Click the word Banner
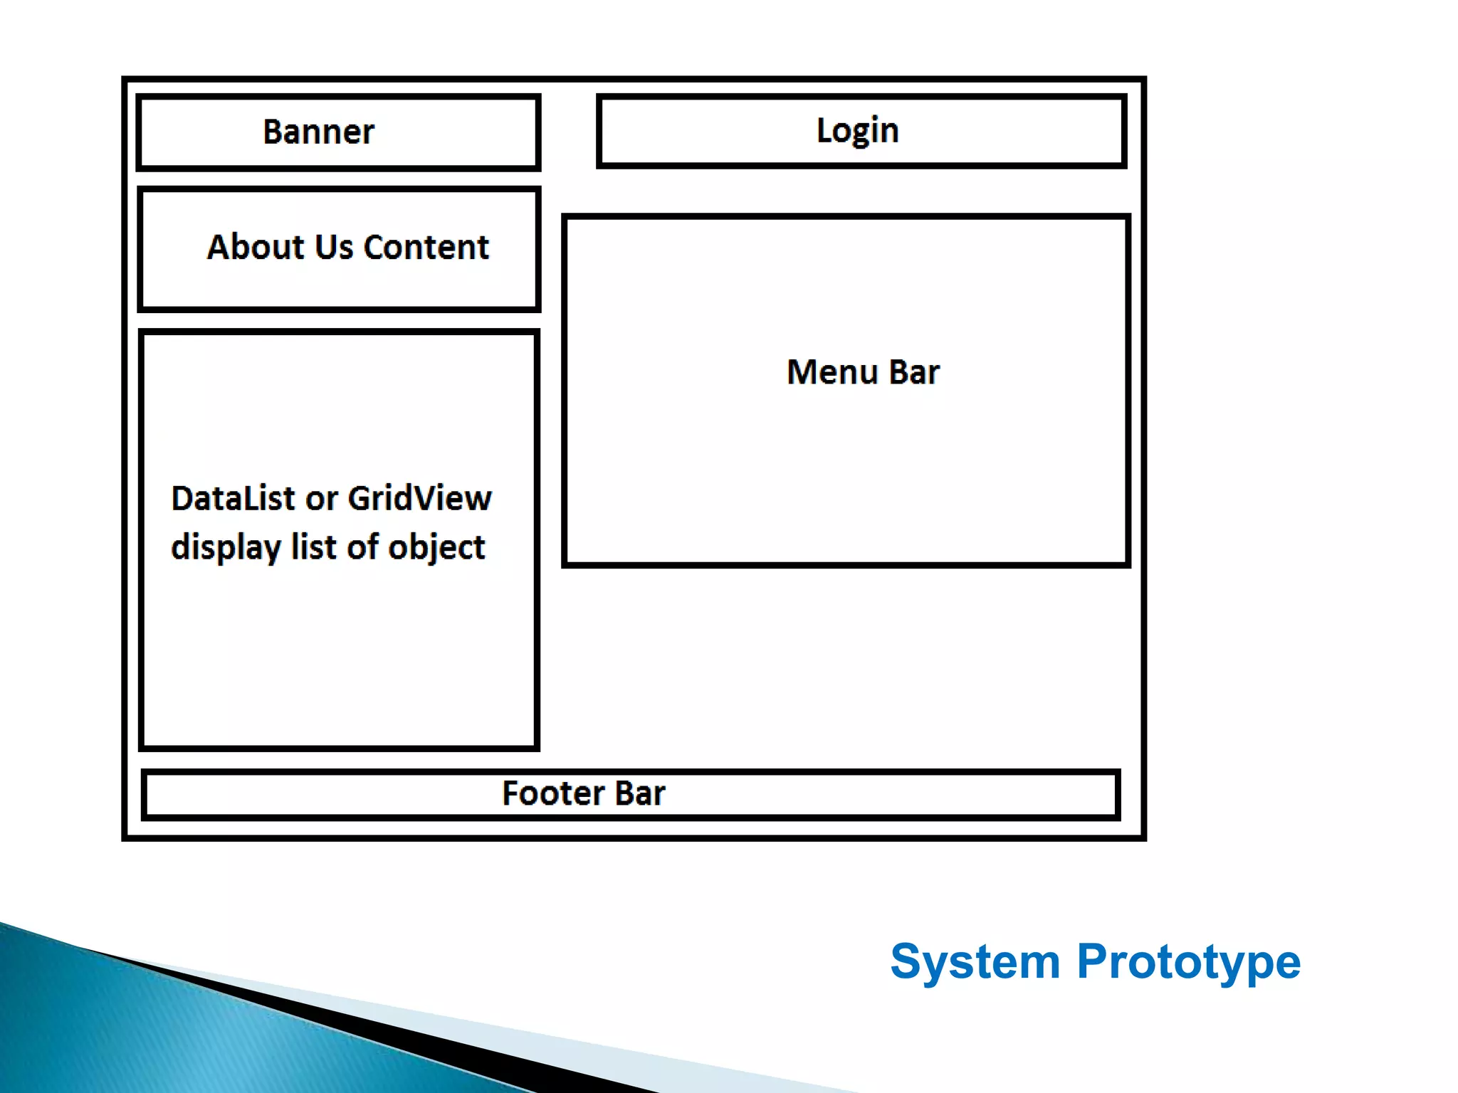point(318,132)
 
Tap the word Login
point(857,131)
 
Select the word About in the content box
point(256,248)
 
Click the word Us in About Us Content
point(333,248)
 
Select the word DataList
point(234,498)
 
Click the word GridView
point(420,498)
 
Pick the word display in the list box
point(226,548)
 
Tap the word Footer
point(552,793)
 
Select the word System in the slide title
point(975,962)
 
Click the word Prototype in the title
point(1188,962)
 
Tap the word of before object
point(363,546)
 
